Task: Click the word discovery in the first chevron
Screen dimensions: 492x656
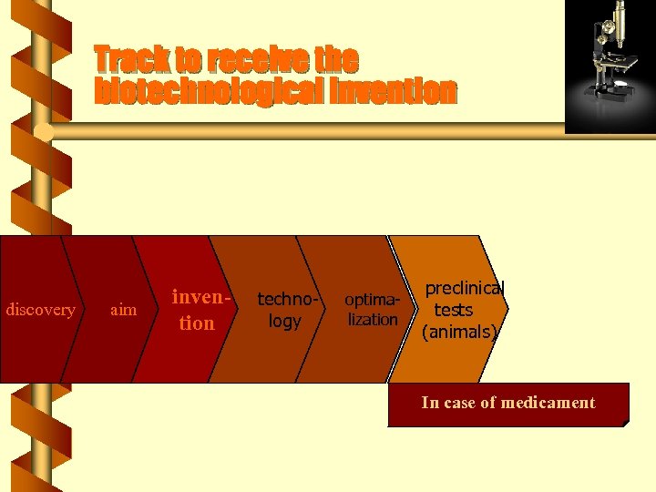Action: (x=40, y=310)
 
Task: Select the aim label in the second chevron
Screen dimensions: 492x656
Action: (x=123, y=310)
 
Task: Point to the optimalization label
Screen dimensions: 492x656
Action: (x=372, y=310)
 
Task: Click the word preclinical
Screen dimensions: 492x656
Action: (x=464, y=289)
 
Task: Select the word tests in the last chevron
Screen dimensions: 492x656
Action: (x=453, y=310)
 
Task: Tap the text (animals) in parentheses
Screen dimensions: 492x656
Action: (x=459, y=332)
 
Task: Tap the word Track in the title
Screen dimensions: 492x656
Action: (x=131, y=60)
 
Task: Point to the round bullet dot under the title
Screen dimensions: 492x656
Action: (x=43, y=133)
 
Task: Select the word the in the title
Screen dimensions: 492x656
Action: (x=337, y=60)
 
